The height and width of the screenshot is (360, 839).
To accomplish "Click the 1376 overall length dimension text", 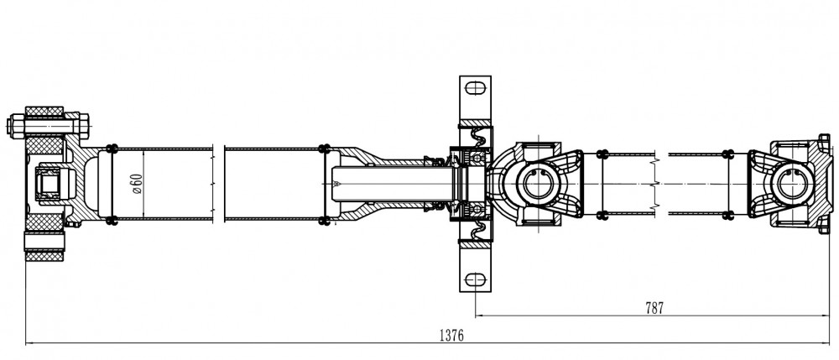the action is pos(451,336).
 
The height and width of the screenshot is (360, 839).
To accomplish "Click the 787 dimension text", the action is pos(654,308).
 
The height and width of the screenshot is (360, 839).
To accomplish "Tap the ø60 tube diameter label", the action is pos(137,184).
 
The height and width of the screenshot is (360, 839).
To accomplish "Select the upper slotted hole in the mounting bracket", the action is pos(475,88).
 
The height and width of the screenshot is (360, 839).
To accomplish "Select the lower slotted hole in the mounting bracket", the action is pos(475,279).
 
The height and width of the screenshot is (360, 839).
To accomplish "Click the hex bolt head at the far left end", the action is pos(15,126).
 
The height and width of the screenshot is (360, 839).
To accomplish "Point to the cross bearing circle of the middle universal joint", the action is pos(537,184).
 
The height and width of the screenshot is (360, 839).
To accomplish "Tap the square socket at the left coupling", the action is pos(49,184).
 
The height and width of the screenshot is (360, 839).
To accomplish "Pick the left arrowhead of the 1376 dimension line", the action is pos(29,343).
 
